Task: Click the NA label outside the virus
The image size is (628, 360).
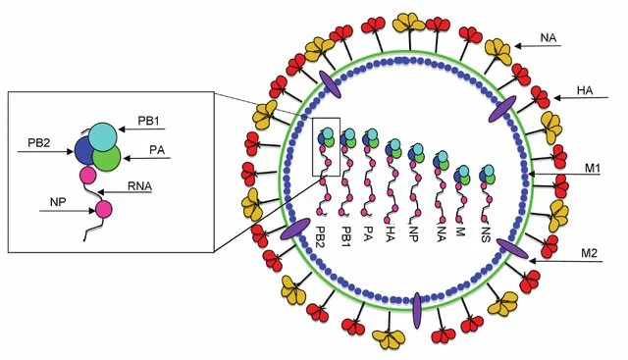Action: pos(548,38)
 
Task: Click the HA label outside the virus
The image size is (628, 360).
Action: pos(585,91)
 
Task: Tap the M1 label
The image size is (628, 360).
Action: pos(593,169)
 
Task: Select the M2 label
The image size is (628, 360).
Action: pos(589,253)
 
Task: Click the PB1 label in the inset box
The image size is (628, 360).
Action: pos(148,121)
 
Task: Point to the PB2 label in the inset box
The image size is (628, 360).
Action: pos(39,142)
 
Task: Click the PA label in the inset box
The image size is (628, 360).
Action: pos(157,150)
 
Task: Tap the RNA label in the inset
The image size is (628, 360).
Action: pos(139,186)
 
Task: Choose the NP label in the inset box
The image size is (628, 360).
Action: pos(58,202)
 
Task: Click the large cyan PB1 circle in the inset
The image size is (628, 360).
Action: pos(103,137)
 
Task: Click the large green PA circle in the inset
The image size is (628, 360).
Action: pos(107,158)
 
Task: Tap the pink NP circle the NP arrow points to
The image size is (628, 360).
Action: pos(103,210)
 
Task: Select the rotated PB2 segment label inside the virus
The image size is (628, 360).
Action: pos(321,236)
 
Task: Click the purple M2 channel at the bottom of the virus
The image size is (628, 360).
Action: pos(417,310)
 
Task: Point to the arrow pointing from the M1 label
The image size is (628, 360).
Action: pos(564,175)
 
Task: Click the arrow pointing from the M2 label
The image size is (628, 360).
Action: pos(566,261)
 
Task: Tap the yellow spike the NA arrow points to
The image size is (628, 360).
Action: pos(497,52)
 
